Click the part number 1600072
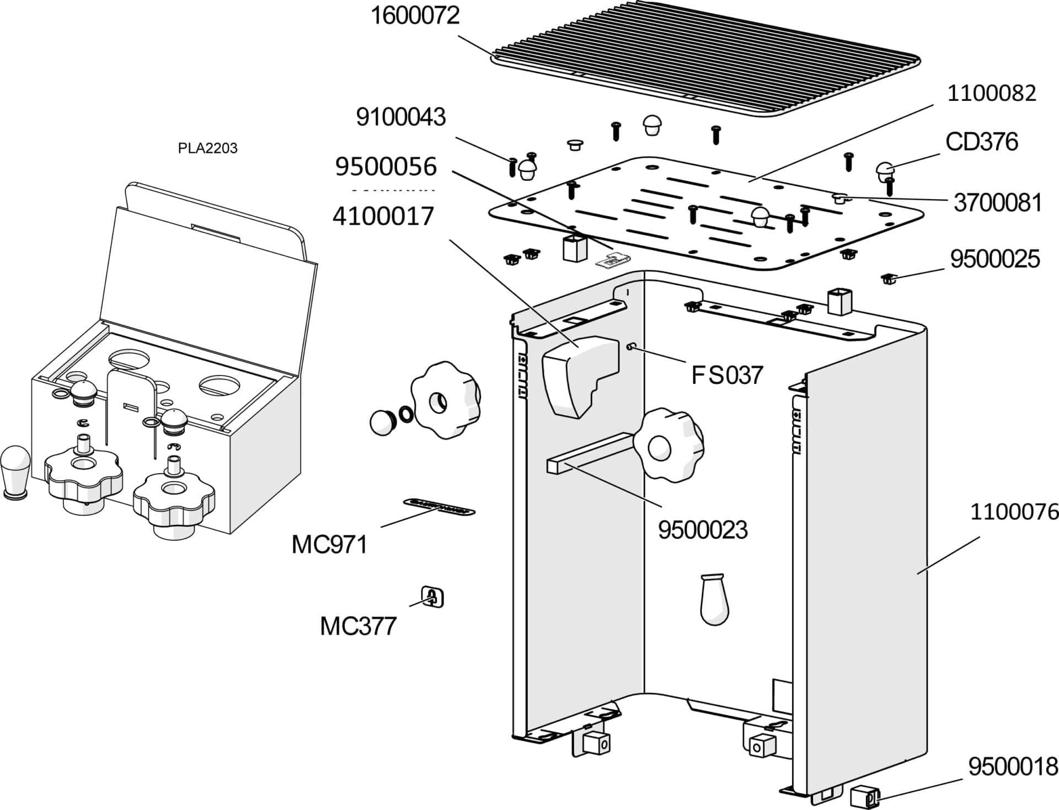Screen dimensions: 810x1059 tap(414, 16)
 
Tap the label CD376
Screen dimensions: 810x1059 tap(981, 142)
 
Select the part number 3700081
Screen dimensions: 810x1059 tap(997, 203)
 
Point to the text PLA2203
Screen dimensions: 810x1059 tap(207, 148)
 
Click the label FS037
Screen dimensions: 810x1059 tap(726, 376)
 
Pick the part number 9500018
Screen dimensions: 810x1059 tap(1013, 766)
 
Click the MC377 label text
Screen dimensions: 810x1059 tap(358, 626)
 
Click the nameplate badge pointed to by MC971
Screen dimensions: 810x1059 tap(439, 507)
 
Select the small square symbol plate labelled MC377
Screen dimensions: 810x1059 tap(432, 597)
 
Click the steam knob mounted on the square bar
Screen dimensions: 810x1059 tap(667, 444)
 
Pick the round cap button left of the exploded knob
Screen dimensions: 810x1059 tap(381, 422)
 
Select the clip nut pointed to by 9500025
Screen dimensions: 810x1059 tap(887, 279)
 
